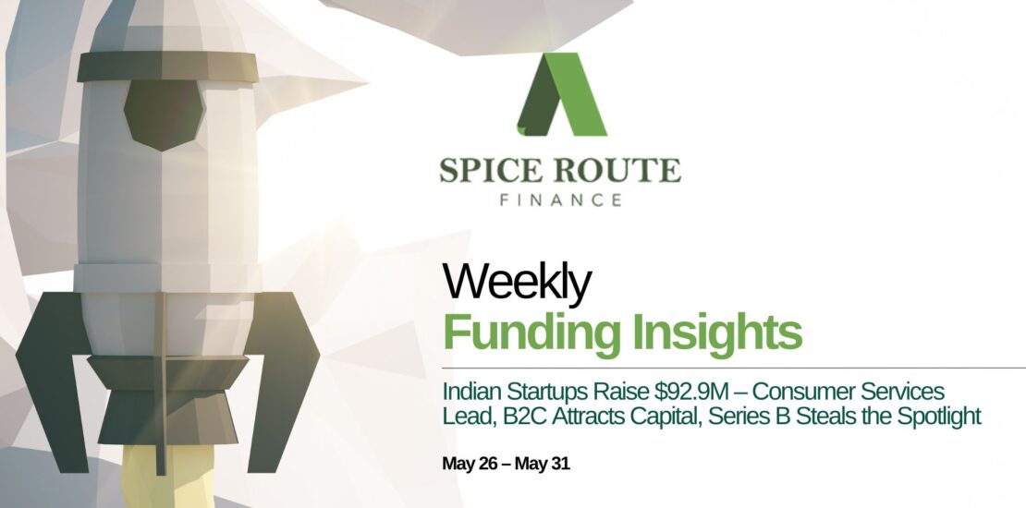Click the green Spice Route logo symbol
click(561, 94)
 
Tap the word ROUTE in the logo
click(617, 170)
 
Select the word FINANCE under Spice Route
click(560, 200)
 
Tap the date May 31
click(543, 465)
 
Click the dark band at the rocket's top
click(167, 67)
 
